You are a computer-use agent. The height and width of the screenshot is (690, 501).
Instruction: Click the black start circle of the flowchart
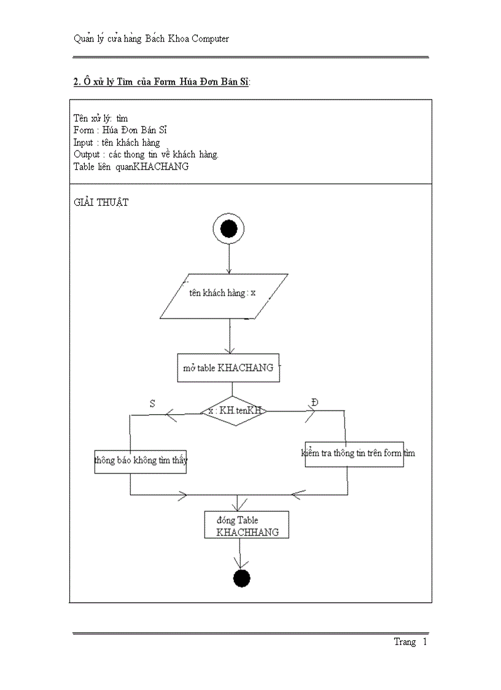(x=228, y=230)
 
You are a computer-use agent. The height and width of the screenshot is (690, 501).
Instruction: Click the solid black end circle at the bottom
(x=242, y=578)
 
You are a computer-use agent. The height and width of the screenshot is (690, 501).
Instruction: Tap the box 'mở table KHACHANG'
(x=228, y=368)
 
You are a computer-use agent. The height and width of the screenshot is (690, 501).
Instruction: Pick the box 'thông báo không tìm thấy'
(x=141, y=460)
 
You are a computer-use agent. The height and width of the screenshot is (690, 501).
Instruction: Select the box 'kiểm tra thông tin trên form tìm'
(x=354, y=453)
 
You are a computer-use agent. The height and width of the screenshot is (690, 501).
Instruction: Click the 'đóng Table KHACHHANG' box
(x=247, y=526)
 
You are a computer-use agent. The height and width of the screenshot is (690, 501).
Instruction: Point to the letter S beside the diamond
(x=152, y=403)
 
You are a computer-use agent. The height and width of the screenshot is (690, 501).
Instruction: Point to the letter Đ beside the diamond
(x=315, y=402)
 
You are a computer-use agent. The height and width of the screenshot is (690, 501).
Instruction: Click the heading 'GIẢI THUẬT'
(x=101, y=202)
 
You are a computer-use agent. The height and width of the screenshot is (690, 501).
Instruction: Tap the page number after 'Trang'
(x=424, y=642)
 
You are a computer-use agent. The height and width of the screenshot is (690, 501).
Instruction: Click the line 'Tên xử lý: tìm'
(x=101, y=118)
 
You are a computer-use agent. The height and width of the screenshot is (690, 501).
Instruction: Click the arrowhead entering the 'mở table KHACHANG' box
(x=229, y=350)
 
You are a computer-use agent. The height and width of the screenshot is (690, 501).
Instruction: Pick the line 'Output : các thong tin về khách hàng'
(x=146, y=154)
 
